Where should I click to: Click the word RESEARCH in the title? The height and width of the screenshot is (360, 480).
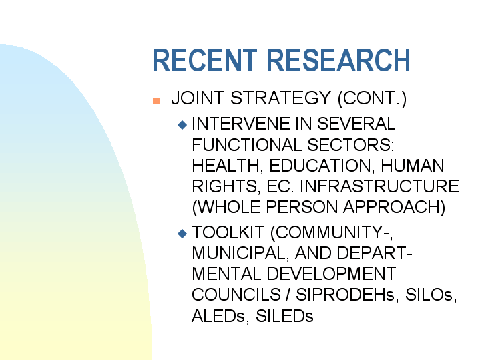click(336, 61)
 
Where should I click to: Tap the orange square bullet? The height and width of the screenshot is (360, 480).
click(157, 100)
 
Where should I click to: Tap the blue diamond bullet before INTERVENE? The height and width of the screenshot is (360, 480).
click(182, 124)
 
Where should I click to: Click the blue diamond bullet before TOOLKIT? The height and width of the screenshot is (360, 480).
click(182, 233)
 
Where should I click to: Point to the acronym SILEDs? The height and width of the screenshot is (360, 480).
click(284, 315)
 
